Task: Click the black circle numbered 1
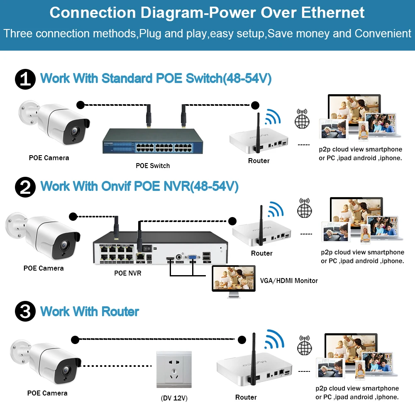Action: point(25,79)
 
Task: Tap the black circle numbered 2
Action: point(25,187)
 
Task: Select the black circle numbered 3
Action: point(25,311)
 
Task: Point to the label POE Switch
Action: point(153,166)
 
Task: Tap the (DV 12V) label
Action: point(174,398)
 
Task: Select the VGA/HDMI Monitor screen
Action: point(233,278)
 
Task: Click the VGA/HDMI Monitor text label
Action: point(289,281)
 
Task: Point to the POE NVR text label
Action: point(127,273)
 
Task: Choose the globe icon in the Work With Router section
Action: point(305,345)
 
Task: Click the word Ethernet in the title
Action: point(333,12)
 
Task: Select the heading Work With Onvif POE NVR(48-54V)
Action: point(139,186)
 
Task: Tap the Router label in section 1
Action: point(259,161)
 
